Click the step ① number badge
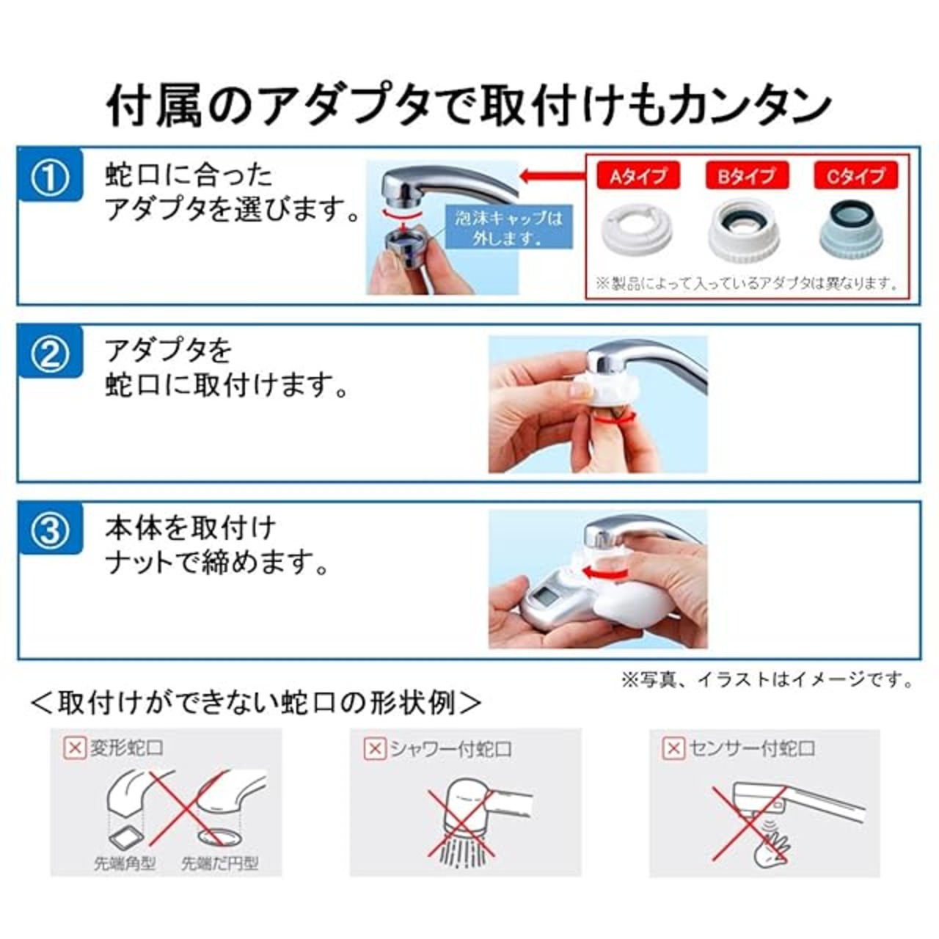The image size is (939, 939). tap(51, 175)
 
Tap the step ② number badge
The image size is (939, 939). tap(51, 352)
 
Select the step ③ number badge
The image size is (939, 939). tap(51, 529)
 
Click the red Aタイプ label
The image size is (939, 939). tap(637, 176)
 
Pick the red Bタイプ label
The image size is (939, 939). tap(747, 176)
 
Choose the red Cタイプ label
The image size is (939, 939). tap(855, 176)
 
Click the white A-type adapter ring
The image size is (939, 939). tap(637, 233)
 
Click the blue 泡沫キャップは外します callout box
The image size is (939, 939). tap(508, 227)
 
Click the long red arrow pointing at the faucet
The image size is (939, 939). tap(552, 175)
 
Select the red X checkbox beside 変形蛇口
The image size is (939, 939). tap(75, 748)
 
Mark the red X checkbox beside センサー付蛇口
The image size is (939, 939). tap(674, 748)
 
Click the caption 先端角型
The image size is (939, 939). tap(125, 863)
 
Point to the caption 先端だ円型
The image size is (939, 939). tap(220, 863)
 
